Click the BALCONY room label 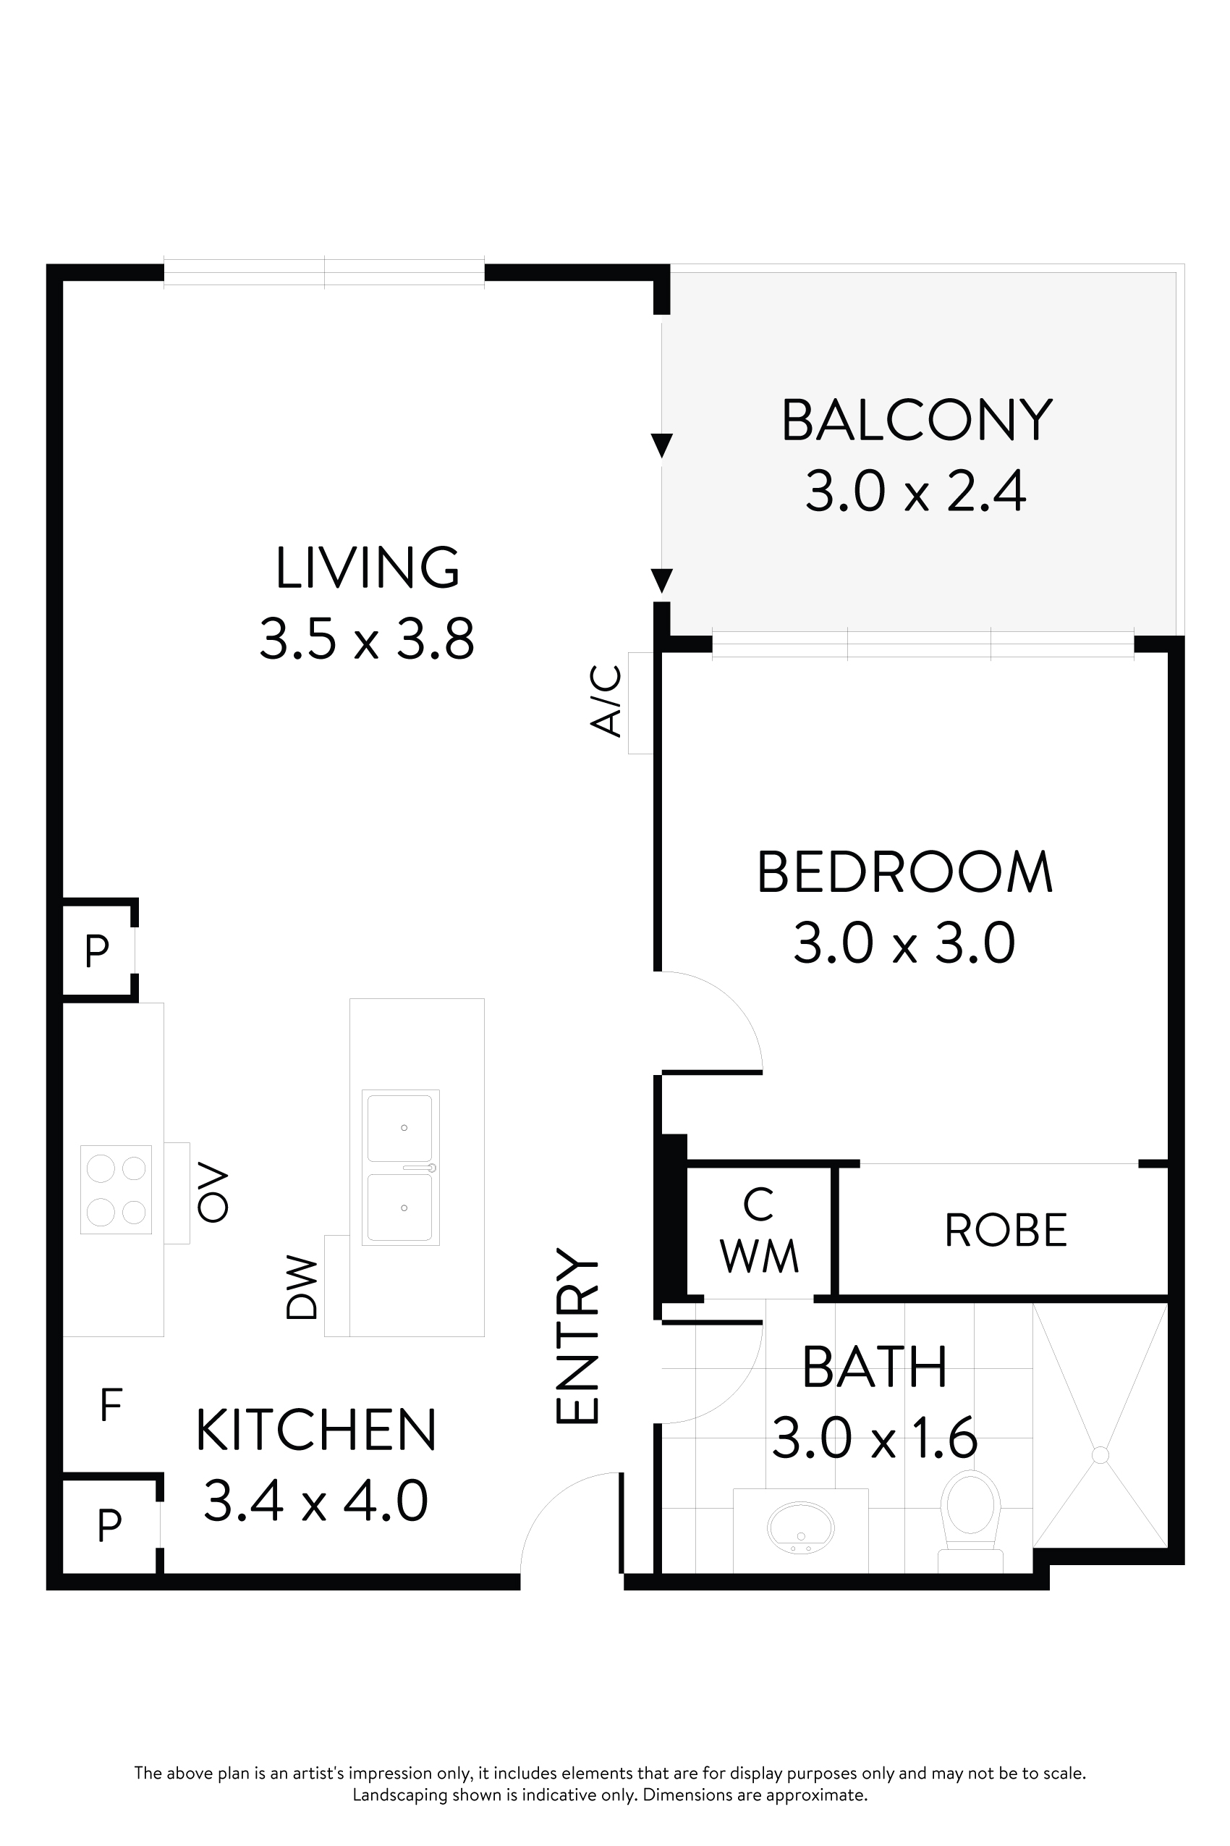915,421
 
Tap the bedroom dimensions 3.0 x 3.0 904,943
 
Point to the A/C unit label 606,701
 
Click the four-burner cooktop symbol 116,1190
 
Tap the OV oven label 213,1194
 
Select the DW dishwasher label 302,1288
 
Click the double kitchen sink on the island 400,1167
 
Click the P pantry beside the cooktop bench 96,951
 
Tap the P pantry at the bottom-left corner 109,1525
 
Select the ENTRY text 577,1335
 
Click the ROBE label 1005,1231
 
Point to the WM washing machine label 758,1257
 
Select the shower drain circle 1100,1455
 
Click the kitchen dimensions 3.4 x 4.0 315,1501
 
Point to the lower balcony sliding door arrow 663,580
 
